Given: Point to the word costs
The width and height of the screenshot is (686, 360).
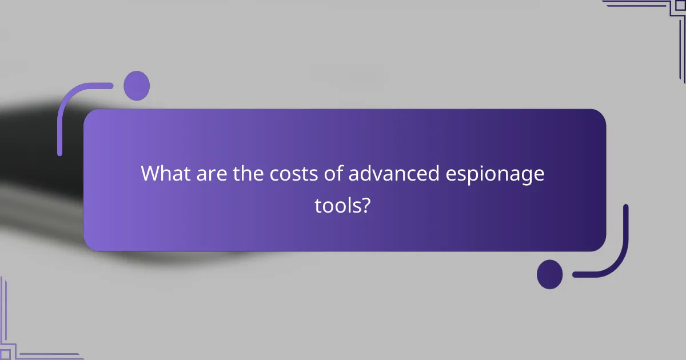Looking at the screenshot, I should [289, 173].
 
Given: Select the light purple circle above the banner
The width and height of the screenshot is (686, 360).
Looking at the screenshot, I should [137, 86].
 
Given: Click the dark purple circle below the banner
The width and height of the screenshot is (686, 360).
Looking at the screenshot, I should [549, 274].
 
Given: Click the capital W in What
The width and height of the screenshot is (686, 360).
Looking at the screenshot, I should [151, 173].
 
